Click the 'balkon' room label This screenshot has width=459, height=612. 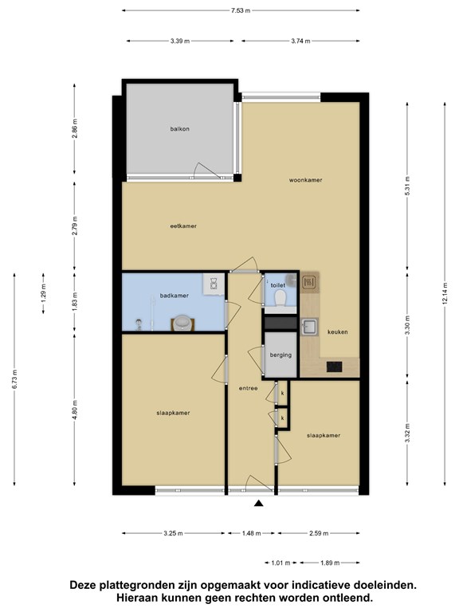click(x=179, y=129)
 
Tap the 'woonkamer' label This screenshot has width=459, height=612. click(x=306, y=180)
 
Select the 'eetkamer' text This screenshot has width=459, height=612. click(x=183, y=226)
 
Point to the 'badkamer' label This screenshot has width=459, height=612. click(x=174, y=296)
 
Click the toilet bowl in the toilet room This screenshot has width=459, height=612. click(x=280, y=299)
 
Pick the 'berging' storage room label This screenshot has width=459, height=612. click(x=280, y=355)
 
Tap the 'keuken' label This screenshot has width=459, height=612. click(x=338, y=331)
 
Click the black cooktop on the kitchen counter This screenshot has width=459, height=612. click(x=335, y=367)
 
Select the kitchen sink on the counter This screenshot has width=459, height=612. click(x=309, y=326)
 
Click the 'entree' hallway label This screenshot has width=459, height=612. click(x=249, y=388)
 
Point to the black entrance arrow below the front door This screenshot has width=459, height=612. click(x=258, y=504)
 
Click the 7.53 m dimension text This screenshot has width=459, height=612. click(x=241, y=10)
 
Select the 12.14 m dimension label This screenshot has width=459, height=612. click(x=445, y=294)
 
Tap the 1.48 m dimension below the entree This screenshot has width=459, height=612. click(x=251, y=533)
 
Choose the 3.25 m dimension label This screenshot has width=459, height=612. click(x=173, y=533)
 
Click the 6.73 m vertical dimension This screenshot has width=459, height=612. click(x=14, y=379)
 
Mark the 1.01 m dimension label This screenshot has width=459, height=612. click(x=280, y=563)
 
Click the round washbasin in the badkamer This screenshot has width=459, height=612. click(x=182, y=323)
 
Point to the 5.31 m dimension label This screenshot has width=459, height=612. click(x=407, y=186)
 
